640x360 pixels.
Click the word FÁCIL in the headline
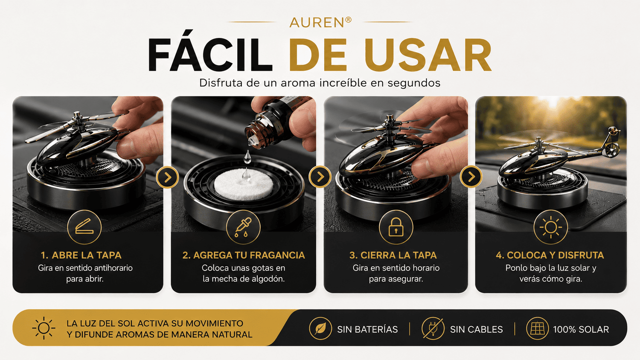210,55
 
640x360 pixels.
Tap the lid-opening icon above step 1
84,227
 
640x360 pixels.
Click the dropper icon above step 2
243,227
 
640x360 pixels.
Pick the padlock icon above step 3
396,227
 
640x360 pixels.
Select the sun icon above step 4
550,227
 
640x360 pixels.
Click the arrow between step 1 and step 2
167,177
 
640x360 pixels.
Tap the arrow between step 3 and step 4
471,177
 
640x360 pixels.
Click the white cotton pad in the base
244,184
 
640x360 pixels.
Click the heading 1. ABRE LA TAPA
81,255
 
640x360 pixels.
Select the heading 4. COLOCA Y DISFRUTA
550,255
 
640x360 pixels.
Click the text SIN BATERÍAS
367,329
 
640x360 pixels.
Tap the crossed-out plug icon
433,328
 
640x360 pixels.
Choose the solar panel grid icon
537,328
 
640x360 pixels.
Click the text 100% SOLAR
581,329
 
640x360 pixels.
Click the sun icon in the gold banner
44,328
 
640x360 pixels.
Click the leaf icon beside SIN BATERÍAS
320,328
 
